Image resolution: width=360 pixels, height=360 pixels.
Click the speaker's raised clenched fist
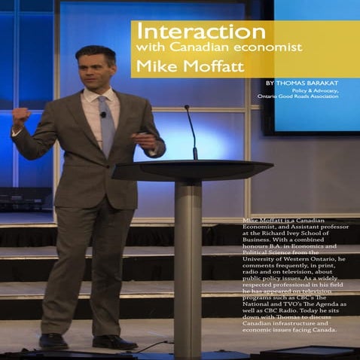20,117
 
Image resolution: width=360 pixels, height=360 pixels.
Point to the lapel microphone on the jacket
103,115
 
